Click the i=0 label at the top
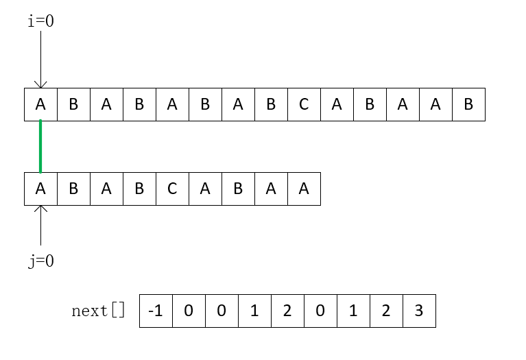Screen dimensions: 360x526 (x=40, y=21)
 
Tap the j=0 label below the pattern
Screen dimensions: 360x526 (x=40, y=261)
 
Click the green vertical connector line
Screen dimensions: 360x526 (x=40, y=147)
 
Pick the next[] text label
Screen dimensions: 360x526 (x=99, y=311)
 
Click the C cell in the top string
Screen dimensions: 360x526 (x=304, y=104)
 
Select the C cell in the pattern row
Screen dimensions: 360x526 (x=172, y=189)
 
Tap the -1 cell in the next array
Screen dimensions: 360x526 (x=156, y=311)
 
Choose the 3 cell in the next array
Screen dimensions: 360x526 (x=419, y=311)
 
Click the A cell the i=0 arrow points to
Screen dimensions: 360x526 (x=40, y=104)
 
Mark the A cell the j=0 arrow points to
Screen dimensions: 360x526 (x=40, y=189)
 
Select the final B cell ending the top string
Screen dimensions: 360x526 (x=468, y=104)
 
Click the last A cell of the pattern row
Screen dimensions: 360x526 (x=304, y=189)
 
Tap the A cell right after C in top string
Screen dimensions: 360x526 (x=337, y=104)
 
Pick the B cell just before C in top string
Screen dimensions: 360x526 (x=271, y=104)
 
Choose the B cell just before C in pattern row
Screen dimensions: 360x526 (x=139, y=189)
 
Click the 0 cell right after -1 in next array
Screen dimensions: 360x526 (x=189, y=311)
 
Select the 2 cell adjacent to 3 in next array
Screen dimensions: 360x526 (x=386, y=311)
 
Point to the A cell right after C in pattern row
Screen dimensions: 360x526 (x=205, y=189)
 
